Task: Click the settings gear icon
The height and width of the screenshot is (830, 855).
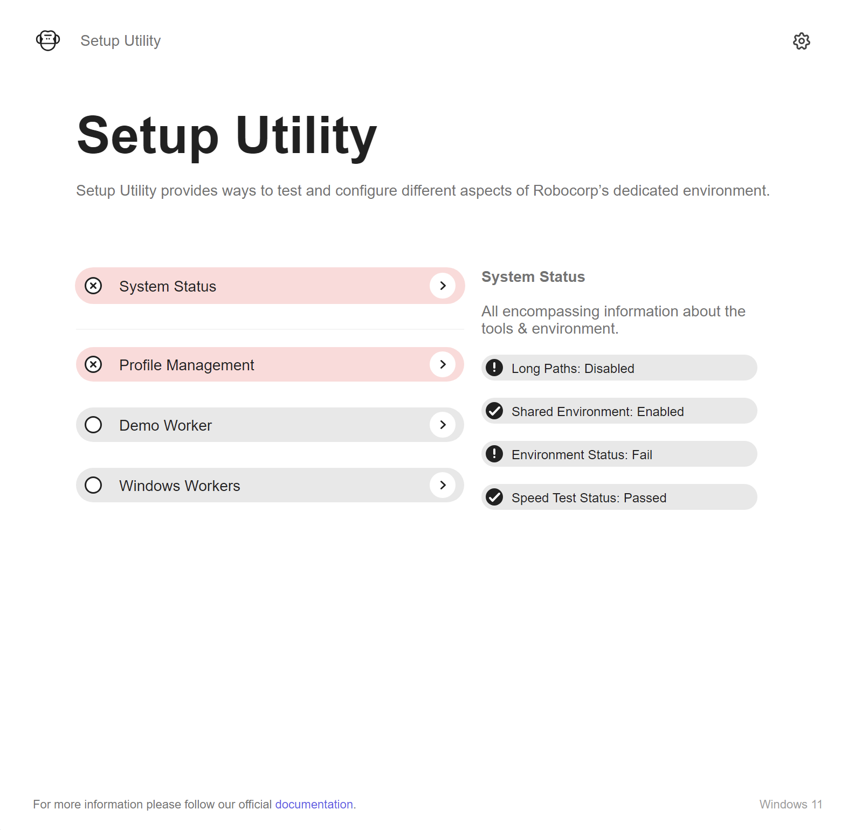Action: click(x=802, y=41)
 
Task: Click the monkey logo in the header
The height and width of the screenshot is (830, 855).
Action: click(x=48, y=40)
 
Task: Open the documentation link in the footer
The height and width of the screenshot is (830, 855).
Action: click(x=314, y=804)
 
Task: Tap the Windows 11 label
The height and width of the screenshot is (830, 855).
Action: click(x=791, y=804)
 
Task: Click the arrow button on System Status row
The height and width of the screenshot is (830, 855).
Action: click(x=443, y=286)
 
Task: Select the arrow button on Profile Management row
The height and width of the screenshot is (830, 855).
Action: click(x=443, y=364)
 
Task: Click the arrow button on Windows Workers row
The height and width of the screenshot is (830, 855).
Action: click(x=443, y=485)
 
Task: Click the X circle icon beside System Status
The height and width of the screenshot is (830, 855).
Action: click(x=93, y=286)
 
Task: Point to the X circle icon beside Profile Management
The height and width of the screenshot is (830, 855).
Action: click(x=93, y=364)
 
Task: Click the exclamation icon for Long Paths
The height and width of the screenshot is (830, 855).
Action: click(x=494, y=368)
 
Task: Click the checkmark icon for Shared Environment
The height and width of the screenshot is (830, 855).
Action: click(x=494, y=411)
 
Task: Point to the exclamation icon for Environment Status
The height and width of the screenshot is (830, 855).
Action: click(x=494, y=454)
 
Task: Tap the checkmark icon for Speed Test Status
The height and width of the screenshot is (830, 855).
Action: click(x=494, y=497)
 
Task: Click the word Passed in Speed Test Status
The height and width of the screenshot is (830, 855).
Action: click(x=645, y=497)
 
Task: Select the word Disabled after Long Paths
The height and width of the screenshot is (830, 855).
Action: click(x=609, y=368)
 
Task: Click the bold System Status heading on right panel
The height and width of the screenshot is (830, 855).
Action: click(x=533, y=276)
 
